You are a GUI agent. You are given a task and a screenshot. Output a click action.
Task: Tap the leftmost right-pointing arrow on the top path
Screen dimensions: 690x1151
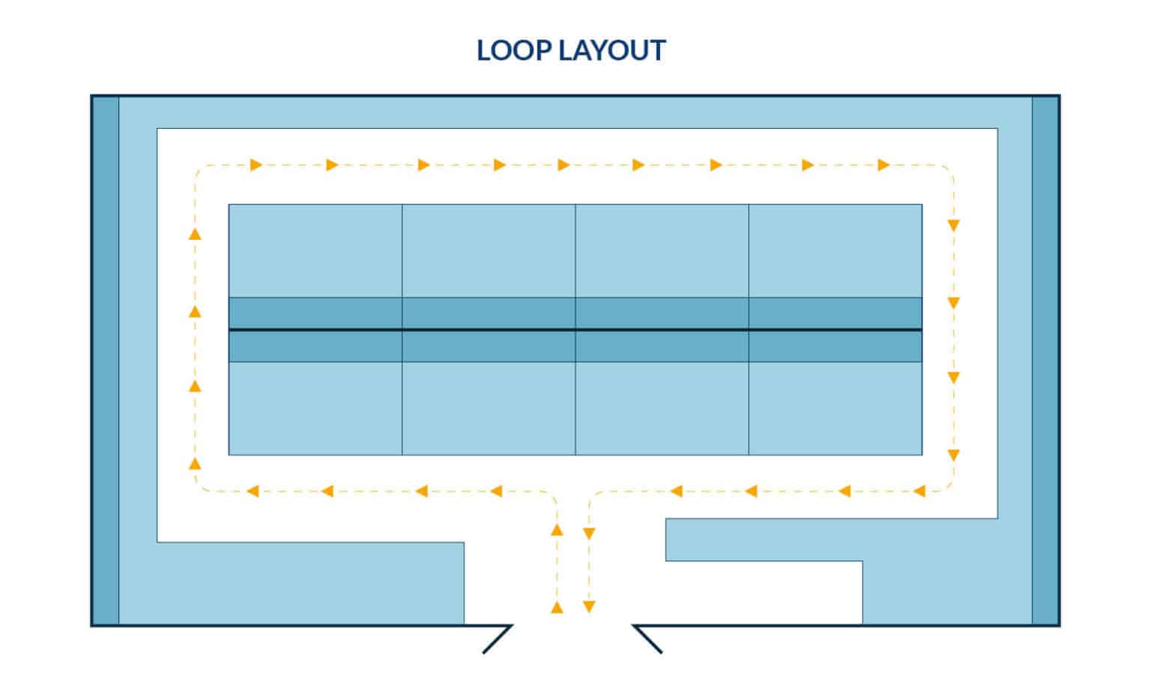(256, 165)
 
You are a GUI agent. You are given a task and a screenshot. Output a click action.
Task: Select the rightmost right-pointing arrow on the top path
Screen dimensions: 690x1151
(883, 165)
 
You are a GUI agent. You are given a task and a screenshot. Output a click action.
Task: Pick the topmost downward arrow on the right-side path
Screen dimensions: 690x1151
(954, 225)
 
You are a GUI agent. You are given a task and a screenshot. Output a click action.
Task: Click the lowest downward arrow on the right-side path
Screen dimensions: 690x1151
(954, 455)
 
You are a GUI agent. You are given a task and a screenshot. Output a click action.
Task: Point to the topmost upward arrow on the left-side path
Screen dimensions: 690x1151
(195, 234)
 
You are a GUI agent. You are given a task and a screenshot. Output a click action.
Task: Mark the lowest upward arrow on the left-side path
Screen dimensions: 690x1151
(195, 464)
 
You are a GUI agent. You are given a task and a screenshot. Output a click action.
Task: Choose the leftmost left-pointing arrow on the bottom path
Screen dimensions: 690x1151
(253, 491)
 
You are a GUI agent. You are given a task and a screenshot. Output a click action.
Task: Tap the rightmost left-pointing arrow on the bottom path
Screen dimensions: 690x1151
(919, 491)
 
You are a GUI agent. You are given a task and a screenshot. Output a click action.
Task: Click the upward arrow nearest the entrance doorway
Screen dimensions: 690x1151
(557, 607)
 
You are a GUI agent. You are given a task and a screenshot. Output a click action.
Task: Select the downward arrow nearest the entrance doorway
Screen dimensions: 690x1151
(589, 607)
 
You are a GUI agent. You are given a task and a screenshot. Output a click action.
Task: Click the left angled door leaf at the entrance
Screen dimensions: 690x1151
(498, 639)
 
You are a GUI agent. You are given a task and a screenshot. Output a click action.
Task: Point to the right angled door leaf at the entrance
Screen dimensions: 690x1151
(648, 639)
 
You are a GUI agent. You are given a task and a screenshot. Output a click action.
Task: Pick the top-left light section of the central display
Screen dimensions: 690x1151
(315, 251)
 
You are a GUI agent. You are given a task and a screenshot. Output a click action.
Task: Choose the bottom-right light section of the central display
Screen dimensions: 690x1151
(836, 408)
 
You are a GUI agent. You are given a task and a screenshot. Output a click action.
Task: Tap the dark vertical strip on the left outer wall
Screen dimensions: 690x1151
(106, 360)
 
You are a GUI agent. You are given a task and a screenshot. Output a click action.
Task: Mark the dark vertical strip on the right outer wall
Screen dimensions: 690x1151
(1045, 360)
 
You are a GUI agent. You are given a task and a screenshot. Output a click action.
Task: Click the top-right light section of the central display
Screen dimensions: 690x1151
(836, 251)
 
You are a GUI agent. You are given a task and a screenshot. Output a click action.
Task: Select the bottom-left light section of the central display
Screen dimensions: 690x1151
(315, 408)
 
